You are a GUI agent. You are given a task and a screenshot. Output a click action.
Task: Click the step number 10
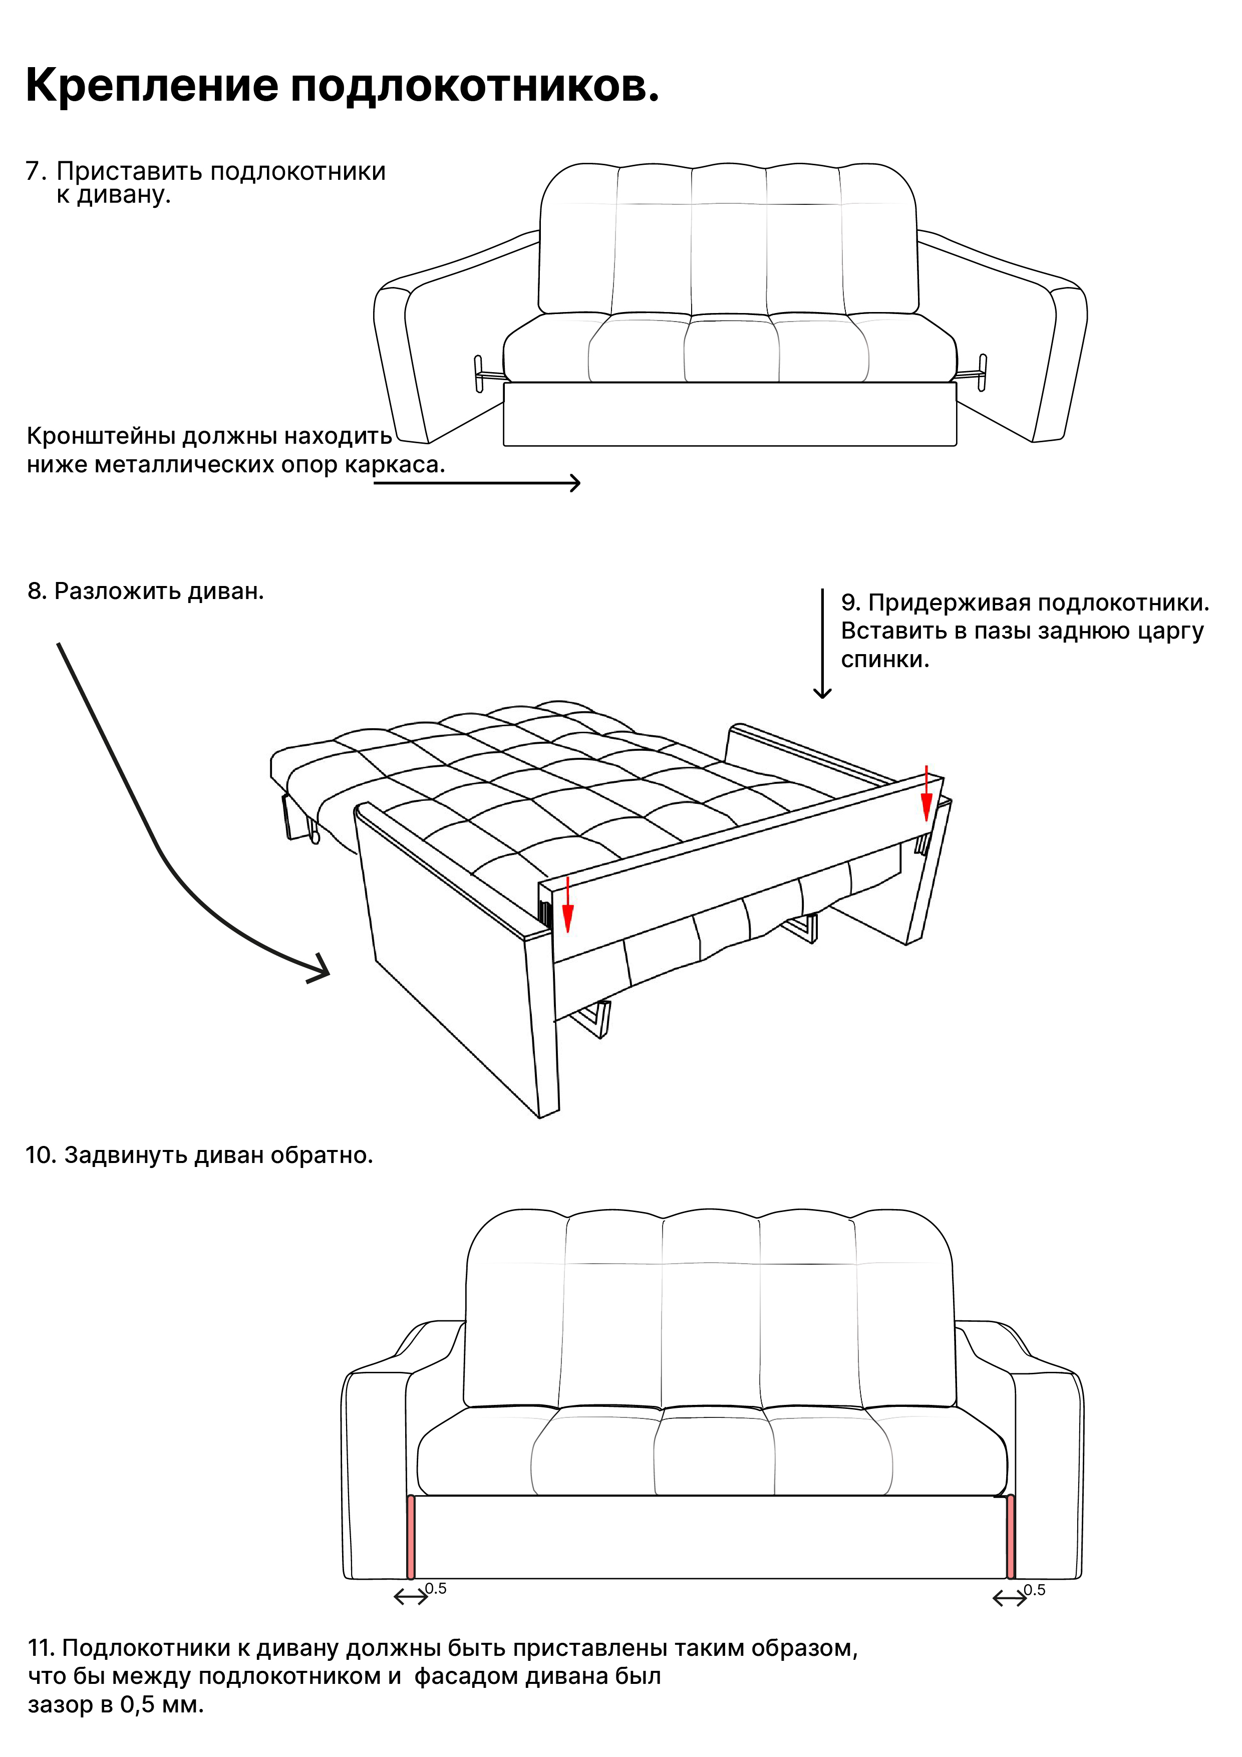(x=42, y=1155)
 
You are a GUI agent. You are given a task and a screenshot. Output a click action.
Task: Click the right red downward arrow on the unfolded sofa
(x=926, y=793)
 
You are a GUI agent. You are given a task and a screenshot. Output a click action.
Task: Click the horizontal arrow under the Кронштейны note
(x=477, y=483)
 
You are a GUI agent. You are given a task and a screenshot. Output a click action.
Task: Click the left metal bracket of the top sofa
(x=488, y=374)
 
